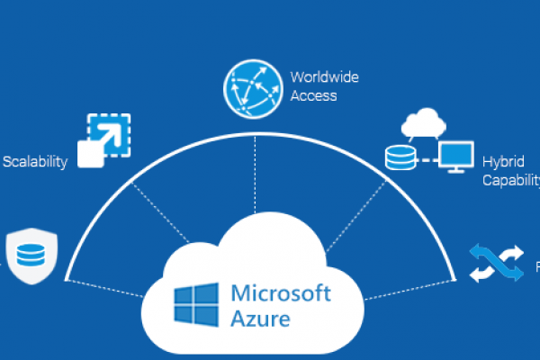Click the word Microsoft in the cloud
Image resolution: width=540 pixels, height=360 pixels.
[282, 293]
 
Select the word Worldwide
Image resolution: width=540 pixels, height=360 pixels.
[325, 77]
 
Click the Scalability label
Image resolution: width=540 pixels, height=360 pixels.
[35, 163]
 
